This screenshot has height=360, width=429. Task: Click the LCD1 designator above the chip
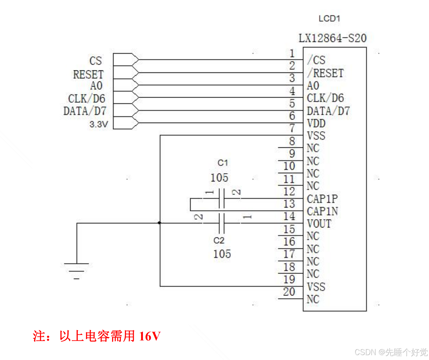click(x=329, y=19)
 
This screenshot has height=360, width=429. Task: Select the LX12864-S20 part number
click(x=332, y=38)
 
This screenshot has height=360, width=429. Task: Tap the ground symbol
click(x=77, y=270)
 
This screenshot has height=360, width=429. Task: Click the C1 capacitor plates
click(x=222, y=199)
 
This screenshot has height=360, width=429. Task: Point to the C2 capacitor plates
click(x=222, y=224)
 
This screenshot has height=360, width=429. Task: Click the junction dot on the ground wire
click(x=159, y=223)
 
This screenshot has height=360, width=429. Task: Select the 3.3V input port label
click(x=99, y=124)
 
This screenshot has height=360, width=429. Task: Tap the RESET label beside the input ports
click(x=88, y=74)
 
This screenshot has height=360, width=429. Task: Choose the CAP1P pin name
click(x=322, y=199)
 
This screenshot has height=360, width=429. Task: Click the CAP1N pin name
click(x=322, y=211)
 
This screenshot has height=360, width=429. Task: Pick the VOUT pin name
click(x=319, y=224)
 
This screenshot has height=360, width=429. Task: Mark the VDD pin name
click(x=316, y=123)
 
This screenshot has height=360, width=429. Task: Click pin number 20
click(x=289, y=292)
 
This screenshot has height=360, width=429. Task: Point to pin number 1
click(x=292, y=54)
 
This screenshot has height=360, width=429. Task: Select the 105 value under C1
click(x=219, y=178)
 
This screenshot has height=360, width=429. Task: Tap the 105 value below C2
click(x=222, y=254)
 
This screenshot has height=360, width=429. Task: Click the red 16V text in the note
click(x=149, y=336)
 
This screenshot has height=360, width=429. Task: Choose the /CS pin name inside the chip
click(x=316, y=60)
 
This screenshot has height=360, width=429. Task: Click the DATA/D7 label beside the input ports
click(x=85, y=111)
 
